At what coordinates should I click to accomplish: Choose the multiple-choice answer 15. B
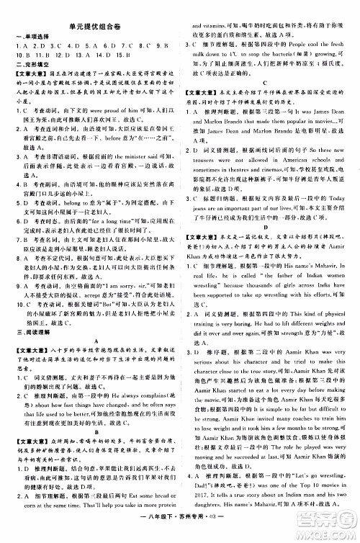tap(125, 53)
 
